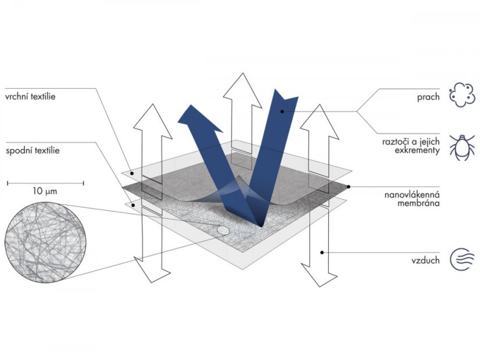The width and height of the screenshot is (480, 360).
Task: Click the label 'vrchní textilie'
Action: [30, 96]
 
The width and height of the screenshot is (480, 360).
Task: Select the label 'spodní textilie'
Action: [33, 150]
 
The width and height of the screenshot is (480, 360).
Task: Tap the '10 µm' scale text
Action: [45, 192]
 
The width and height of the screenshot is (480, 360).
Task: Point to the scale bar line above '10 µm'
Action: [45, 183]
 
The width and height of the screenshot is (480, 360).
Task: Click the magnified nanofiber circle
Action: [45, 242]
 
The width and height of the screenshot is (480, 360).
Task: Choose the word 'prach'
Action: [428, 98]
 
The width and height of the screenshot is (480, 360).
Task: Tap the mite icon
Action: [462, 147]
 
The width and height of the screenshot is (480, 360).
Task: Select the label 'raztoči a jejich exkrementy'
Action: [411, 146]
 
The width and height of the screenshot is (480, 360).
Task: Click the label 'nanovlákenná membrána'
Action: [412, 199]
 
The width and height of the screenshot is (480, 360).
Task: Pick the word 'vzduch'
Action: [425, 261]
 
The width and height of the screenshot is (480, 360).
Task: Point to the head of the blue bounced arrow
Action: [199, 118]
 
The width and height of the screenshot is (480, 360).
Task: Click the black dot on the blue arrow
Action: [282, 111]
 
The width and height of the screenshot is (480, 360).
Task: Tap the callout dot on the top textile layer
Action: [132, 174]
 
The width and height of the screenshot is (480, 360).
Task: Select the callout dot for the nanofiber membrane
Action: [348, 186]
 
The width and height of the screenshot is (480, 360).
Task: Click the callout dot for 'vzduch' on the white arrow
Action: [322, 253]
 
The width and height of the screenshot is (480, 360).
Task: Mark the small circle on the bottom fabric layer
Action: [223, 230]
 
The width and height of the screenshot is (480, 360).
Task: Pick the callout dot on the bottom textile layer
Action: [133, 205]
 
